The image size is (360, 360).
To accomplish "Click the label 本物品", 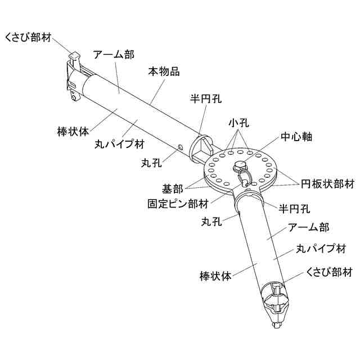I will tap(164, 73).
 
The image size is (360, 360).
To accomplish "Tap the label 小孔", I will tap(238, 123).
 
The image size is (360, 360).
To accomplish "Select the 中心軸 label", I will tap(296, 137).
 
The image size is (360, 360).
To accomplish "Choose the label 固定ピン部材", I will tap(177, 202).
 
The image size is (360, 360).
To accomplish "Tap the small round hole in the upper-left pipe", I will tap(180, 147).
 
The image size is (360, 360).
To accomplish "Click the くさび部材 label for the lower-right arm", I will tap(329, 272).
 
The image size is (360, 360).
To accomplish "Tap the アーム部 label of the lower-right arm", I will tap(308, 227).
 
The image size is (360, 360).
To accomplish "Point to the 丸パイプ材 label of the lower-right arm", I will tap(321, 248).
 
